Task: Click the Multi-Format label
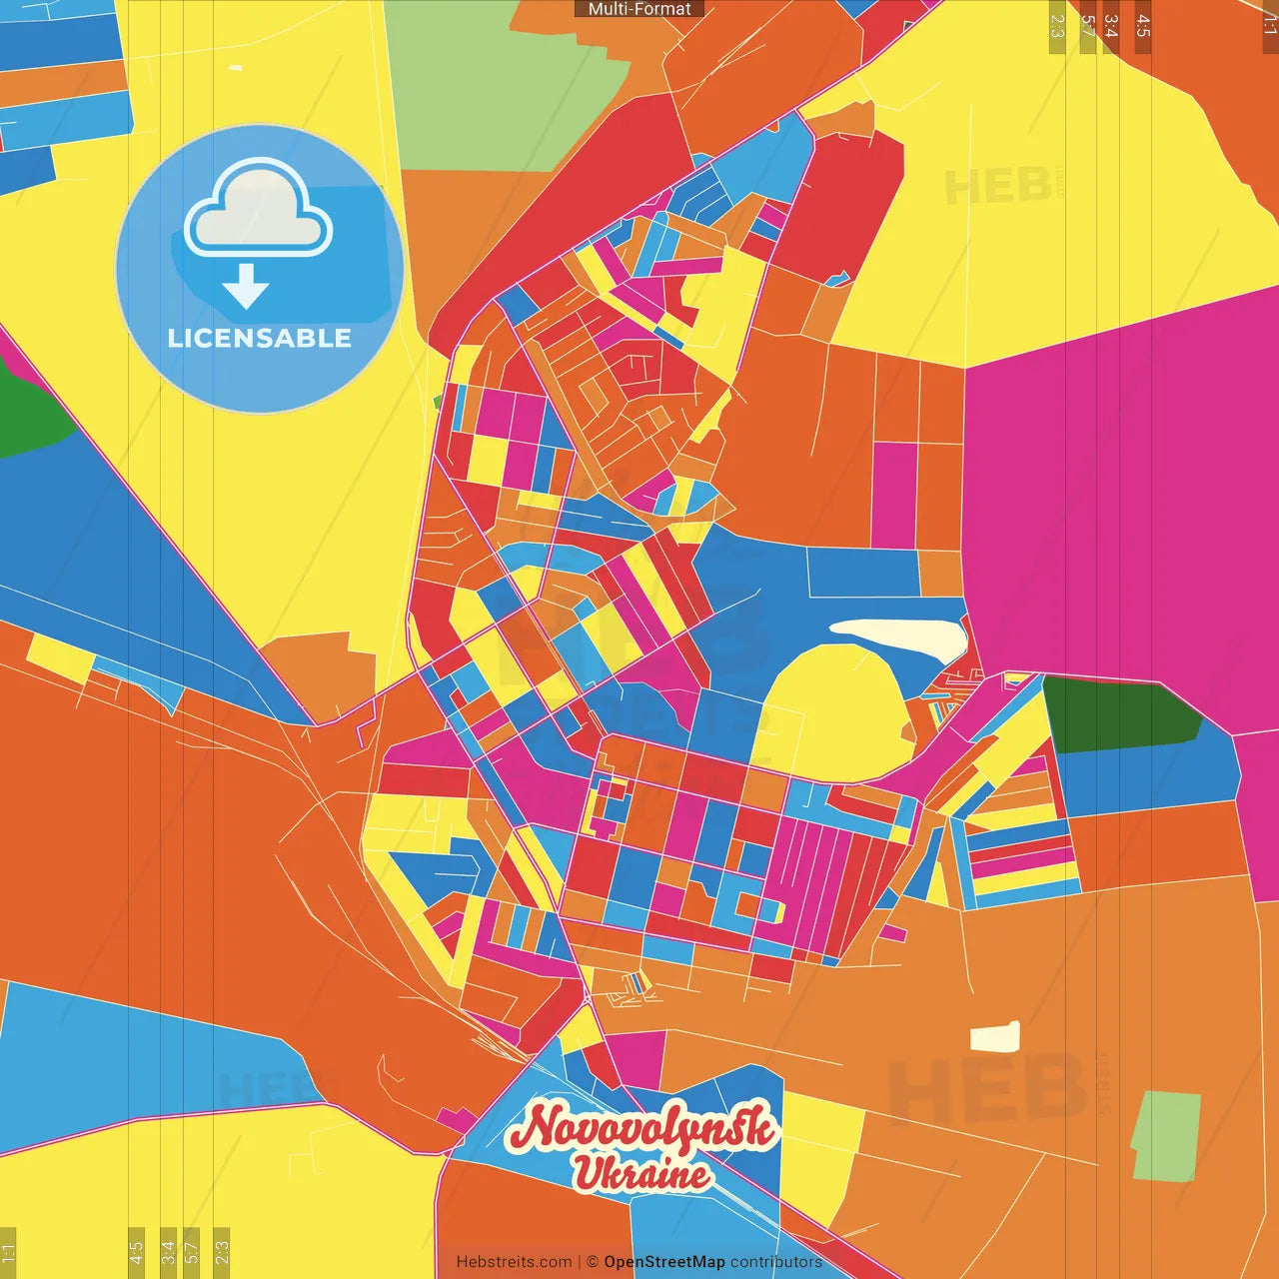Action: click(x=639, y=9)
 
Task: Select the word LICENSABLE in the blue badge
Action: click(x=259, y=338)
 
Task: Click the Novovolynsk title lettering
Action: click(x=642, y=1128)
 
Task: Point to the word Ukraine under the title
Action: click(x=640, y=1173)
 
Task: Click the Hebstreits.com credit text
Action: click(x=514, y=1262)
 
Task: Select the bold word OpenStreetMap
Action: click(x=663, y=1262)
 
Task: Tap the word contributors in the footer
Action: click(x=776, y=1262)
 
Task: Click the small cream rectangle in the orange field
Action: click(x=995, y=1037)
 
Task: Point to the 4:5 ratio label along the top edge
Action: click(x=1143, y=27)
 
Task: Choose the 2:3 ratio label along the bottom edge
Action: click(x=222, y=1250)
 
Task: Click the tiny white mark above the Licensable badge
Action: click(x=235, y=68)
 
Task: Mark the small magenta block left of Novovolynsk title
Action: click(x=456, y=1120)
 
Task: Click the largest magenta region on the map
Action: click(x=1119, y=500)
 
